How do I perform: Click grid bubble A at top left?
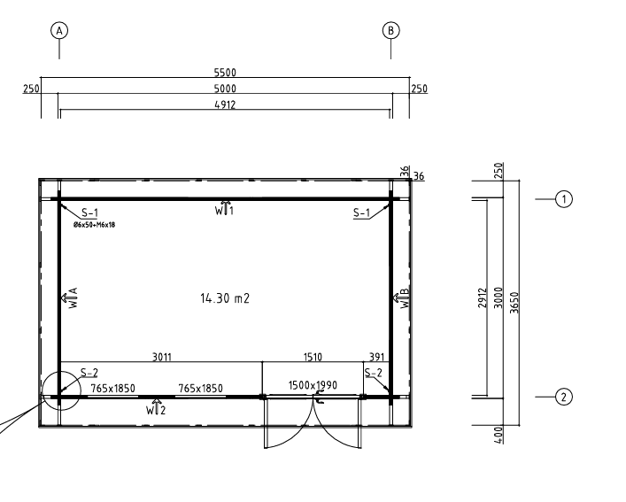(59, 30)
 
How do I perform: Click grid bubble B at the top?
(390, 30)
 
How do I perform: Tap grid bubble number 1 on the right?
(564, 198)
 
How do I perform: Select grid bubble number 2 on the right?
(564, 397)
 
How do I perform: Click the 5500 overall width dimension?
(225, 73)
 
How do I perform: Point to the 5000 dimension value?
(225, 89)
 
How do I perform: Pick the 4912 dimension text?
(225, 104)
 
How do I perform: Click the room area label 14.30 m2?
(225, 298)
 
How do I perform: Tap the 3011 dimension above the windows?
(162, 357)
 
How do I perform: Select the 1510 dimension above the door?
(313, 357)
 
